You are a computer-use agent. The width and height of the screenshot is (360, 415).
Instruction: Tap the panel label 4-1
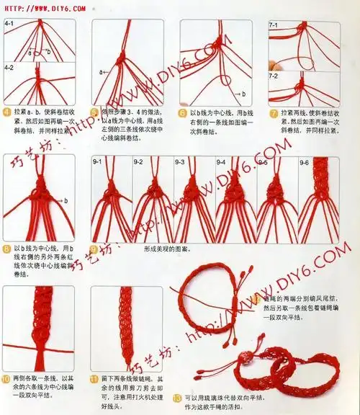(x=10, y=24)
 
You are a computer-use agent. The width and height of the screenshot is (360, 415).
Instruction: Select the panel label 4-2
(x=10, y=67)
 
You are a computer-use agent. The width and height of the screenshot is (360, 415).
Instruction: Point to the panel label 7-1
(x=274, y=25)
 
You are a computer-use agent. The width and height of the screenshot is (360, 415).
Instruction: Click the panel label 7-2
(x=274, y=75)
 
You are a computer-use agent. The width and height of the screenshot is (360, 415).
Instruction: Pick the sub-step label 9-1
(x=98, y=163)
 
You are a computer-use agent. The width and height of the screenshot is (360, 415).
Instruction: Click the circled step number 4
(x=6, y=113)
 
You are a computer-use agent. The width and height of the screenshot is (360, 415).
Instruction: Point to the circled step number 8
(x=6, y=249)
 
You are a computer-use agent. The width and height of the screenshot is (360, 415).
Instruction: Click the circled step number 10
(x=6, y=378)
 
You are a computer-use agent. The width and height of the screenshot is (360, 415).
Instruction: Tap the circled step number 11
(x=94, y=378)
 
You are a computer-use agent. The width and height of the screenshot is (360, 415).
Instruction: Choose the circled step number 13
(x=178, y=397)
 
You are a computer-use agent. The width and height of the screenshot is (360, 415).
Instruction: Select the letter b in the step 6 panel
(x=243, y=94)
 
